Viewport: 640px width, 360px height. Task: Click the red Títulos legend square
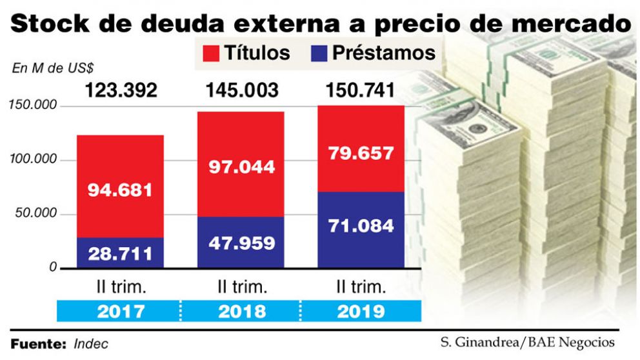click(211, 53)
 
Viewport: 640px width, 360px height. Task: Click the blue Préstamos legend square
click(320, 53)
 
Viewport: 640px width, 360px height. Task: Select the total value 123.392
click(121, 90)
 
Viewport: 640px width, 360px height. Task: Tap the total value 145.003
click(242, 90)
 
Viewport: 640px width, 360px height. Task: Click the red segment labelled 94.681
click(121, 190)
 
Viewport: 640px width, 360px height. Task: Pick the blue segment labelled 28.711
click(121, 253)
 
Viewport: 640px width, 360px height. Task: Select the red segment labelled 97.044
click(241, 166)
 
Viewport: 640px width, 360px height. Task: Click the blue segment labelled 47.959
click(241, 243)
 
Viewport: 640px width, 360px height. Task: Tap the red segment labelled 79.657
click(361, 153)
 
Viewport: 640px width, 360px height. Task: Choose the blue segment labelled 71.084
click(361, 227)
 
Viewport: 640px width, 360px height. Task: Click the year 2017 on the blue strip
click(121, 312)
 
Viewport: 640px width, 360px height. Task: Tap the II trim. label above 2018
click(241, 286)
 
